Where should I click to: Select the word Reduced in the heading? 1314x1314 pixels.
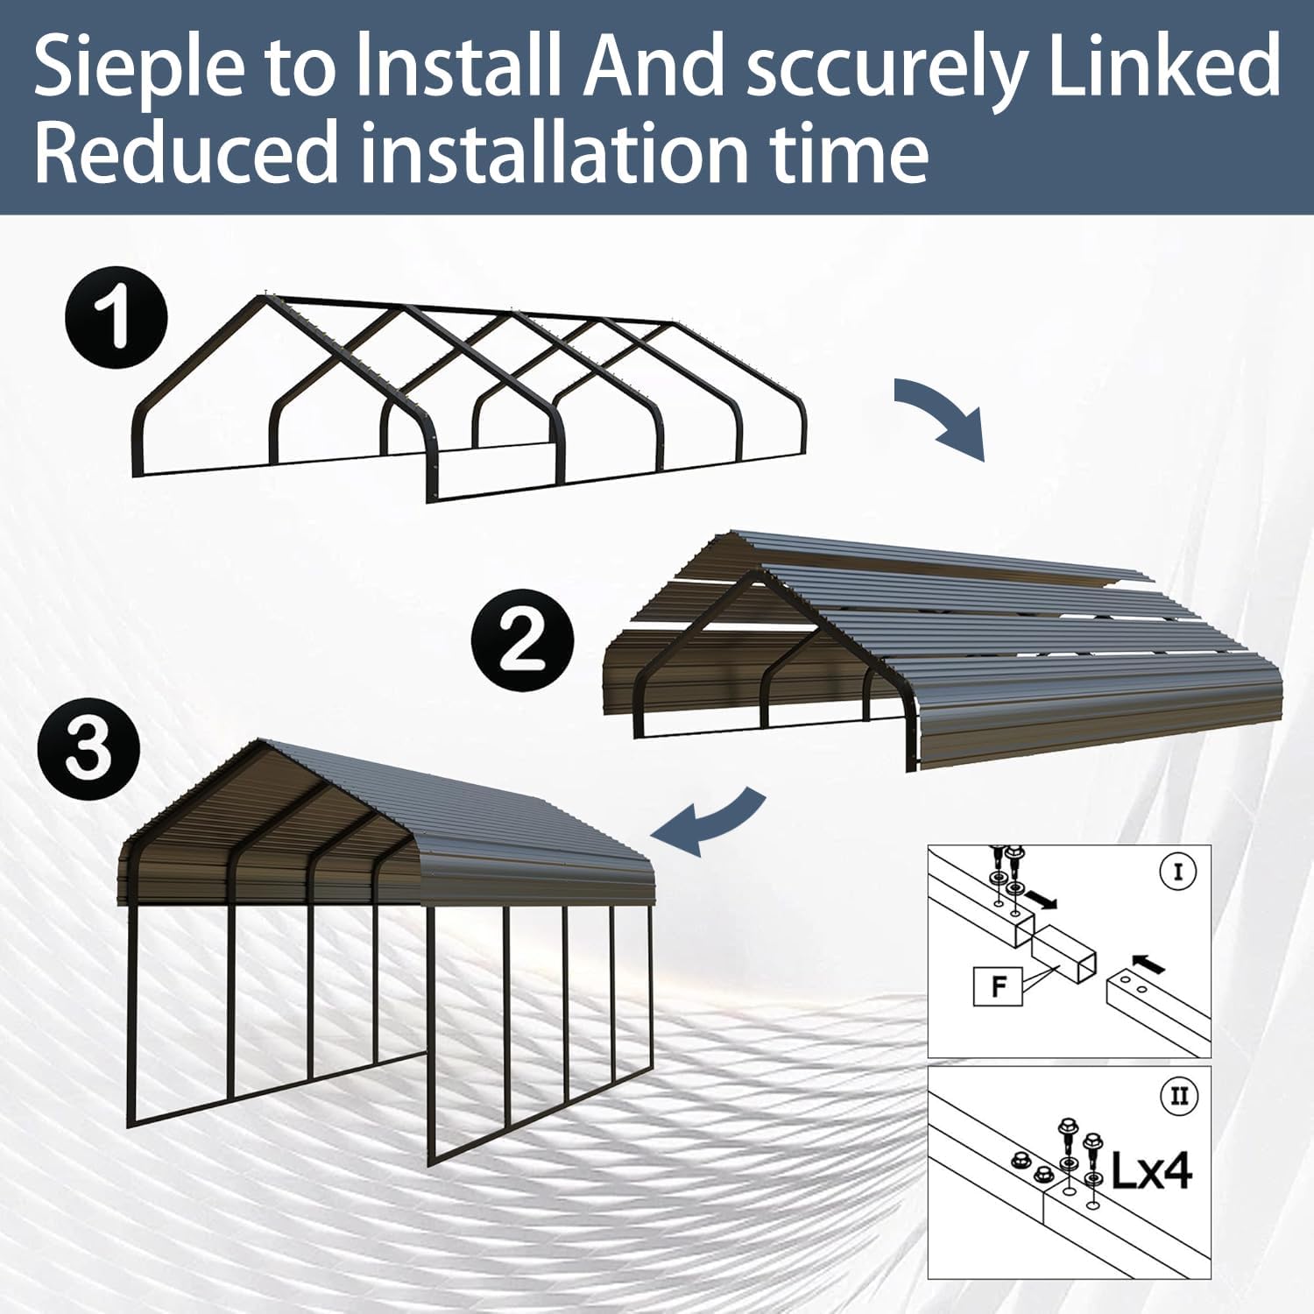[186, 152]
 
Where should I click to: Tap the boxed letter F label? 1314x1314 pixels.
[998, 986]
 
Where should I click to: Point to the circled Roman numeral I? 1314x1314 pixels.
[1177, 872]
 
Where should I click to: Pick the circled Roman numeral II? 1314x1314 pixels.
[1179, 1096]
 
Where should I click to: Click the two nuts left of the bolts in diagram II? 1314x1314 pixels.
[1029, 1166]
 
